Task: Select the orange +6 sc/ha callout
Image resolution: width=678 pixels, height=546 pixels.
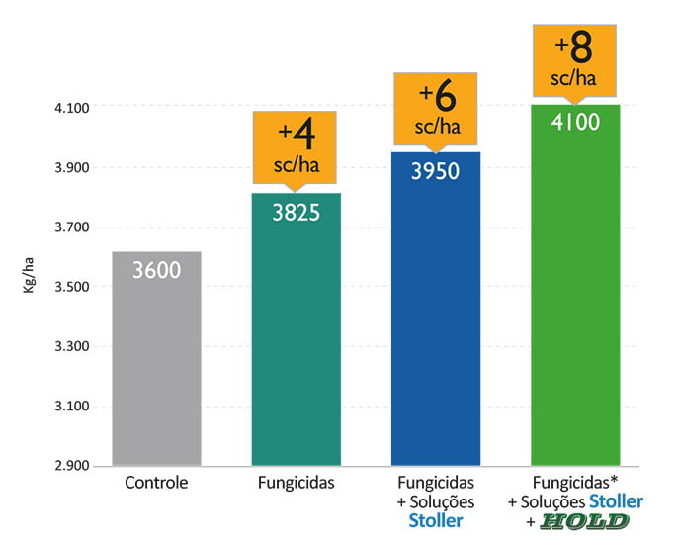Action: click(x=436, y=107)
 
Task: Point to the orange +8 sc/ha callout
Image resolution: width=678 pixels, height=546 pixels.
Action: click(x=575, y=59)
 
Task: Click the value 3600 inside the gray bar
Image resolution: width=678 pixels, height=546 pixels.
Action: click(x=157, y=269)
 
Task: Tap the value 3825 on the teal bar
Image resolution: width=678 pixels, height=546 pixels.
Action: click(x=297, y=211)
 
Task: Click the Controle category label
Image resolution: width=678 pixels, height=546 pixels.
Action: click(x=157, y=484)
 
